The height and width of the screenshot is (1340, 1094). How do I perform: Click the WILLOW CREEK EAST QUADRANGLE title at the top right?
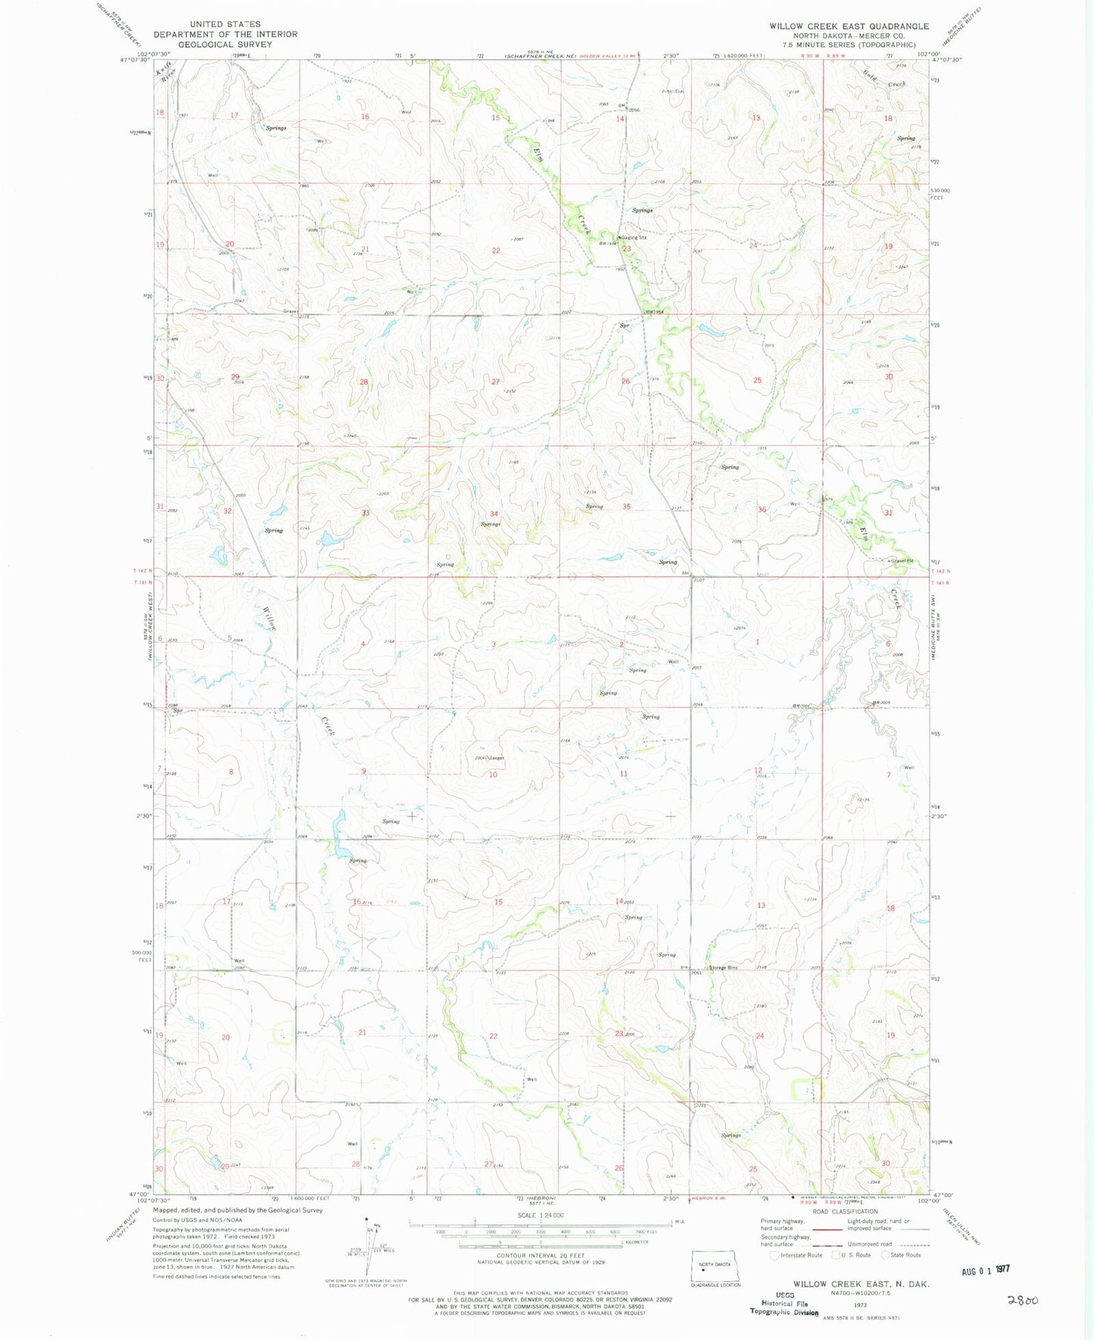[849, 26]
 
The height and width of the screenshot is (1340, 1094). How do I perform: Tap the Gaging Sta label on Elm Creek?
[634, 238]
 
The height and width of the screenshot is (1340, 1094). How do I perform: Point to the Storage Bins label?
[723, 968]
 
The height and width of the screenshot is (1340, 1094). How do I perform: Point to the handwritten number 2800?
[1022, 1300]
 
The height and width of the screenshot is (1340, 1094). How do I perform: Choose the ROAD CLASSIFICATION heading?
[845, 1211]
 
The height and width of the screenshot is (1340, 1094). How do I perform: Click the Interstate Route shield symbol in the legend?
[775, 1255]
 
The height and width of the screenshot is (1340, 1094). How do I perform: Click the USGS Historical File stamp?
[784, 1303]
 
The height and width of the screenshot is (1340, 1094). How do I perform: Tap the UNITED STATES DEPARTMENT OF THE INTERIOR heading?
[225, 34]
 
